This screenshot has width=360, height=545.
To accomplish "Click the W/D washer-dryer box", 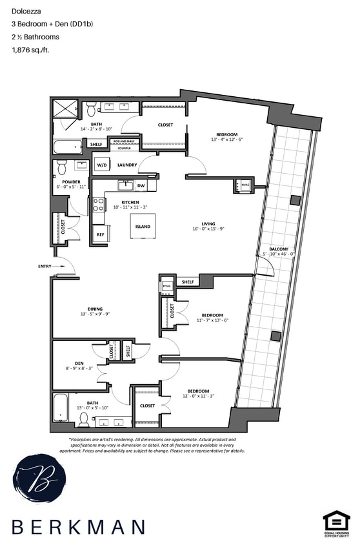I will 102,165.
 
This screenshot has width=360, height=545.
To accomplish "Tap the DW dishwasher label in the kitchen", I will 141,186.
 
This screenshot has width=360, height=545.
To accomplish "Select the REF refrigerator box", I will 100,235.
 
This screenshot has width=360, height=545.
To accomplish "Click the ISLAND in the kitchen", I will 143,227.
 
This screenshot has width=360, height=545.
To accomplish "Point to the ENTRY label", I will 45,266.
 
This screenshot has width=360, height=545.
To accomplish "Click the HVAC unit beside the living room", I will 245,186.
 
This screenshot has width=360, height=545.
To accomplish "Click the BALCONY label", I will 279,249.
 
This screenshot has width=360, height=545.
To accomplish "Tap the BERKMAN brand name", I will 78,527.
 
